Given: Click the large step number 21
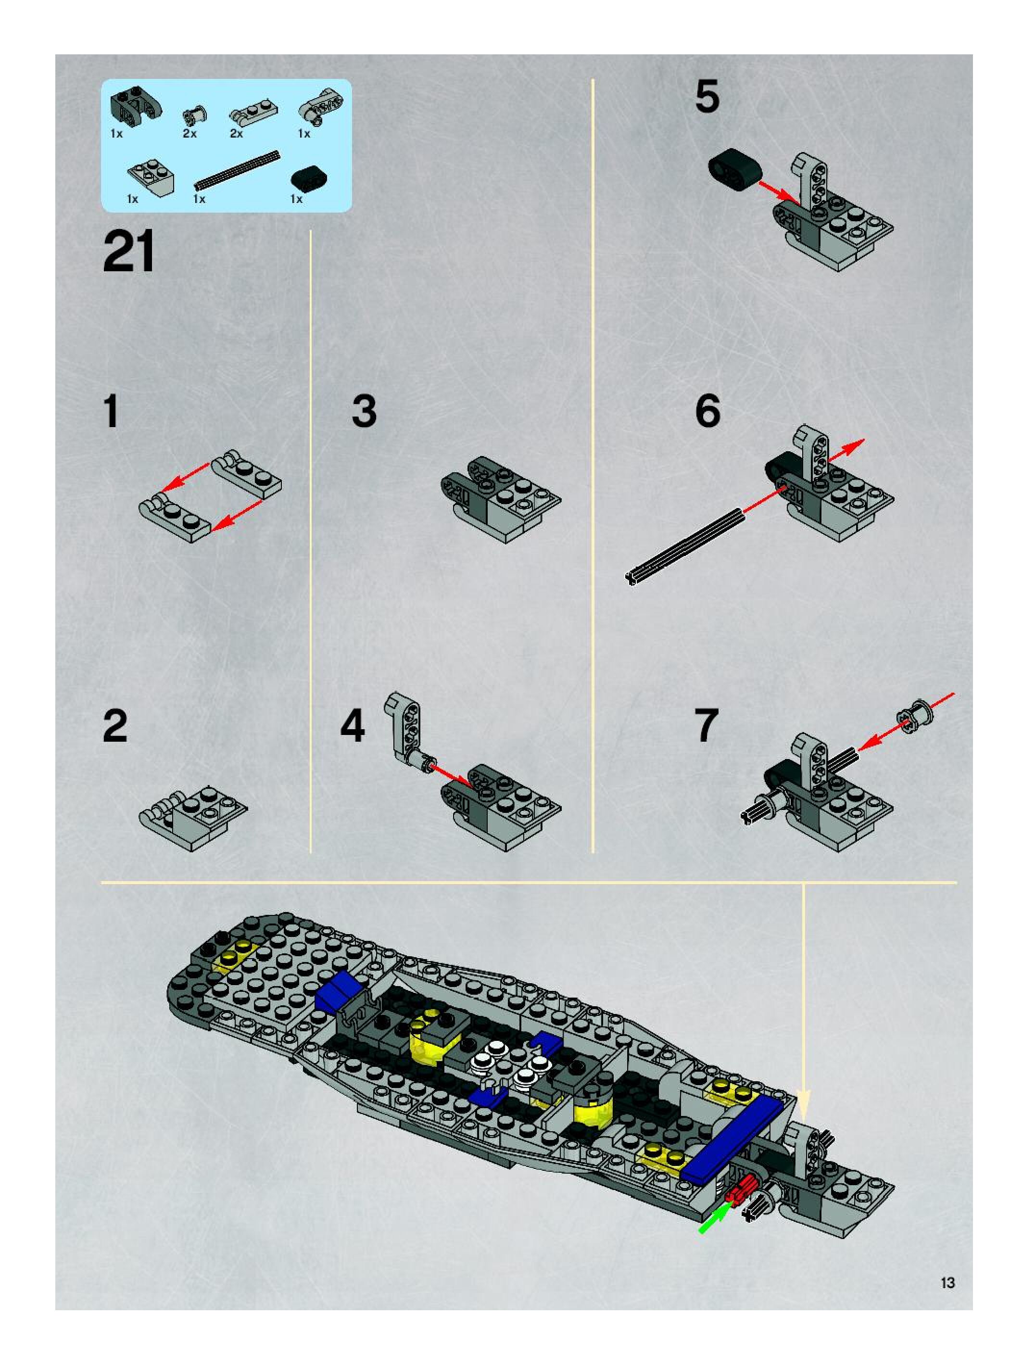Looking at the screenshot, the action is (128, 252).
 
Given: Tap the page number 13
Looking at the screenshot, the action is (947, 1282).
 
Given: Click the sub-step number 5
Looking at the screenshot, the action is (707, 97).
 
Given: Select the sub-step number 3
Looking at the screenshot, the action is (364, 412).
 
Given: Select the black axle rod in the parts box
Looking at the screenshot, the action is (237, 169).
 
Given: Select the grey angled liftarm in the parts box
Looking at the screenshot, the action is (321, 106).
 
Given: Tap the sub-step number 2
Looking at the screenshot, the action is (115, 726).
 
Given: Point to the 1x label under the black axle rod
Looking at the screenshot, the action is (199, 199).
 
